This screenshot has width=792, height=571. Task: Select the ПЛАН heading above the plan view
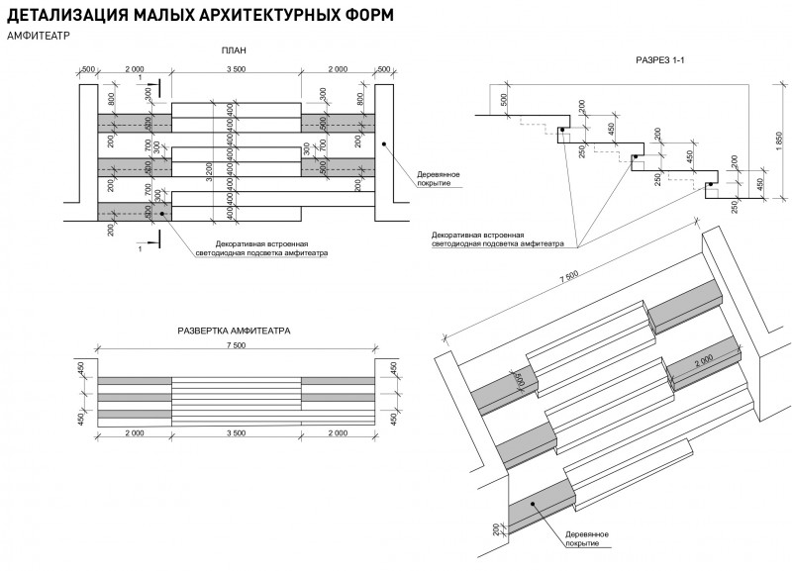pyautogui.click(x=235, y=51)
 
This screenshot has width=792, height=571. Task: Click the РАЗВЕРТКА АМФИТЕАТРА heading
pyautogui.click(x=234, y=332)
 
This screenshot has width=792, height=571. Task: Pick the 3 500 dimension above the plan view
pyautogui.click(x=236, y=70)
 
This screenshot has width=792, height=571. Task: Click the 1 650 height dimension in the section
pyautogui.click(x=780, y=143)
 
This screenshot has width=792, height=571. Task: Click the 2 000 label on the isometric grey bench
pyautogui.click(x=705, y=363)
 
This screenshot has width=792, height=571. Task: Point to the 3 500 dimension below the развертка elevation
pyautogui.click(x=236, y=433)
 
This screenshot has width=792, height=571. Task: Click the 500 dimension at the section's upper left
pyautogui.click(x=503, y=99)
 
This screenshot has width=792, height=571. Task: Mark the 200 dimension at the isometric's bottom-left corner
pyautogui.click(x=496, y=531)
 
